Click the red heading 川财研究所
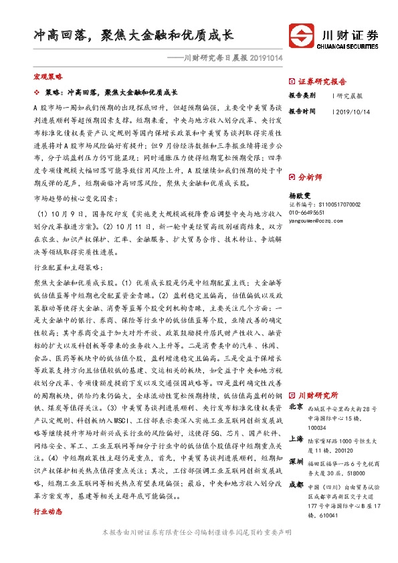click(318, 395)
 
